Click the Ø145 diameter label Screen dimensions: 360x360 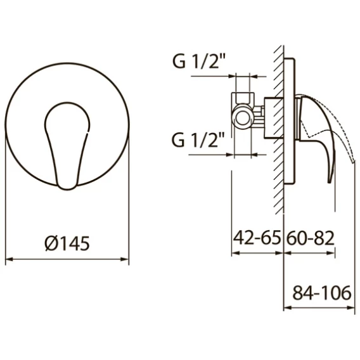(x=67, y=243)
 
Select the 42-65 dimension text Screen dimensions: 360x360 (x=257, y=238)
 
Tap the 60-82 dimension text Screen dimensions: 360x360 (x=310, y=238)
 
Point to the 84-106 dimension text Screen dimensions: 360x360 (x=322, y=293)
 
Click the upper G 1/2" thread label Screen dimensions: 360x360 (x=198, y=61)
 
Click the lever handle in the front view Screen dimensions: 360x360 (x=67, y=146)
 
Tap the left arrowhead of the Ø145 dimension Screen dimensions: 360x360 (x=9, y=259)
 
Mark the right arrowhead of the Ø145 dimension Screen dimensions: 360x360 (x=125, y=259)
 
